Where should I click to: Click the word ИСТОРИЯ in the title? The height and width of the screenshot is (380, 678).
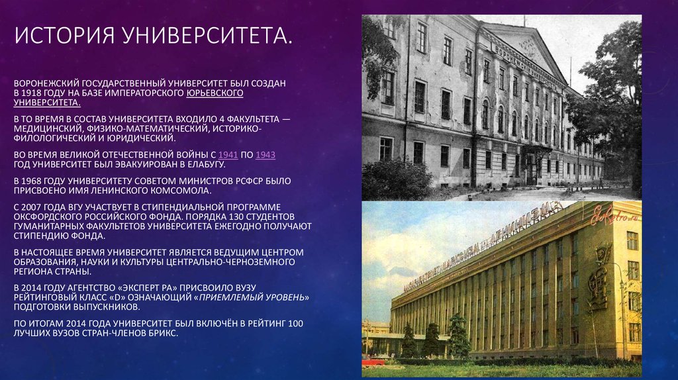coord(65,36)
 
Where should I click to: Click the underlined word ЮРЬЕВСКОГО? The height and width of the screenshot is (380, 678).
coord(215,93)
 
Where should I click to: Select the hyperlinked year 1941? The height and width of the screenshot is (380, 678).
coord(228,155)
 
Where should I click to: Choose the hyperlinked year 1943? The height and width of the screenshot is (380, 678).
coord(266,155)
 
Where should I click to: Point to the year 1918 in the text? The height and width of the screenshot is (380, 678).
coord(31,93)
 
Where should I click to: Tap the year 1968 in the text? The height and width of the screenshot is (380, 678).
coord(31,181)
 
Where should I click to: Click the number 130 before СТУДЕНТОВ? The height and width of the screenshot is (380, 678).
coord(236,216)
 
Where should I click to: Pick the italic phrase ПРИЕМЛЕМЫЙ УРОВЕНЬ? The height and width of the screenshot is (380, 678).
coord(252,297)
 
